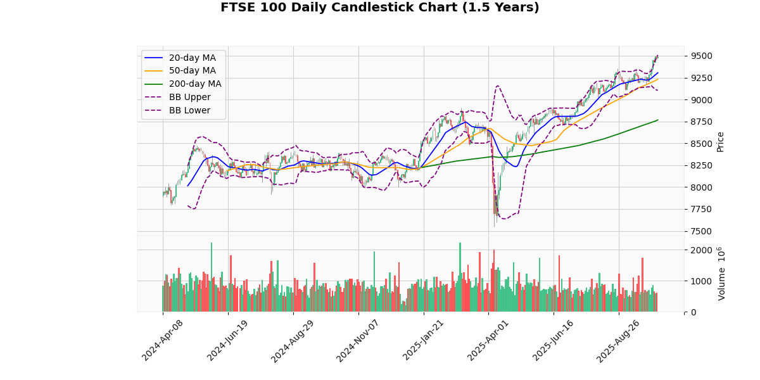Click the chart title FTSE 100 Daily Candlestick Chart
tap(380, 8)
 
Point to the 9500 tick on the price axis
tap(701, 56)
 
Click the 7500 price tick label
tap(701, 231)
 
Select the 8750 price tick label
tap(701, 122)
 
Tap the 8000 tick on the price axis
tap(701, 187)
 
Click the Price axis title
tap(720, 141)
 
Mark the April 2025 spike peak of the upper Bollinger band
tap(497, 85)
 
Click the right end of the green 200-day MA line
tap(658, 120)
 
